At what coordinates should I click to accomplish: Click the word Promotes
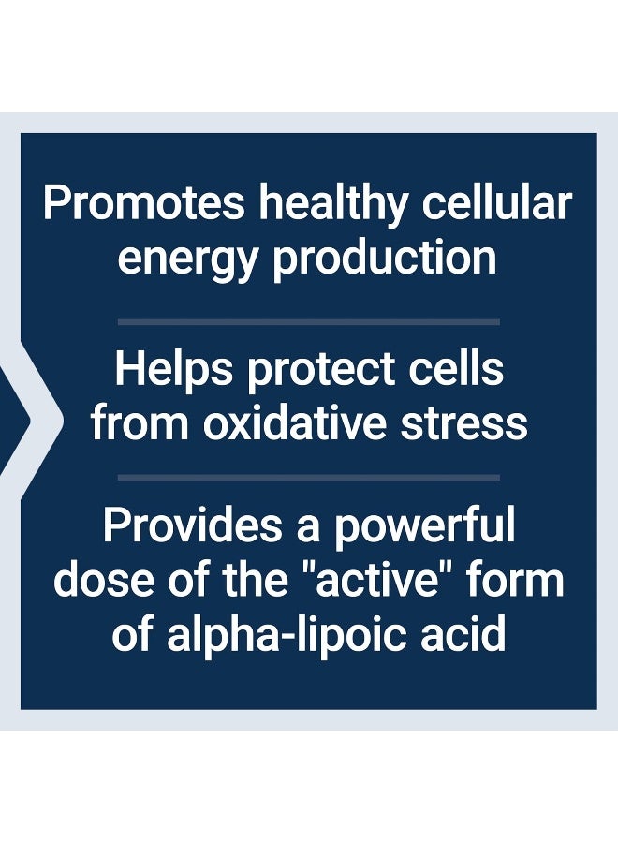(144, 203)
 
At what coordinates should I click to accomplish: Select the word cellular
(496, 203)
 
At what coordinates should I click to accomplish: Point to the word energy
(187, 258)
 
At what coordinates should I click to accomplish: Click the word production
(385, 258)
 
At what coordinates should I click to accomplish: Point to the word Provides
(191, 526)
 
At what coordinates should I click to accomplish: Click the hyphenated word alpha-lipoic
(286, 635)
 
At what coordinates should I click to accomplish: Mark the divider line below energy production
(308, 321)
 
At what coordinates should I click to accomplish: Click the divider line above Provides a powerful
(308, 477)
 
